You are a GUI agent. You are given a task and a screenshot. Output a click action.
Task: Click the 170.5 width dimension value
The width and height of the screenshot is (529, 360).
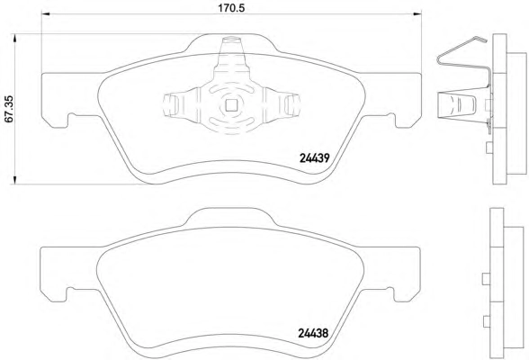231,8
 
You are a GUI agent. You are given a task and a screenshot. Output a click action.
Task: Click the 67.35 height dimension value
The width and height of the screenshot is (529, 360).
8,109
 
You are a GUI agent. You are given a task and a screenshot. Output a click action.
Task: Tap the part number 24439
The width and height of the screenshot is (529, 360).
315,157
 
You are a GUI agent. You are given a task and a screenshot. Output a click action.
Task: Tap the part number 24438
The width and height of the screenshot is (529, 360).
313,333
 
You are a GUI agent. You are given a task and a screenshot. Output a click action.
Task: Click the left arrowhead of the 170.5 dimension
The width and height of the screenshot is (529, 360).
46,13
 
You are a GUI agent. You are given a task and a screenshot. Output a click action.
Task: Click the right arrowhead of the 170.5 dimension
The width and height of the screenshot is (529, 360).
417,13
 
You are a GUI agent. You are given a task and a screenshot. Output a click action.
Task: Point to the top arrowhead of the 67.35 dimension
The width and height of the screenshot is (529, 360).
14,38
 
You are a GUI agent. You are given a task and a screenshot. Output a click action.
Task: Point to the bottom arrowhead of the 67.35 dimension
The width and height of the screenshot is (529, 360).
14,180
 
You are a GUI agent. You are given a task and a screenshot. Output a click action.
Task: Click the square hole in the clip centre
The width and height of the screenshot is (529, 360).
231,106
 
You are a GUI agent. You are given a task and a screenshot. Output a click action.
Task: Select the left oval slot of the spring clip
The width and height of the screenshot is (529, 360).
171,104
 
